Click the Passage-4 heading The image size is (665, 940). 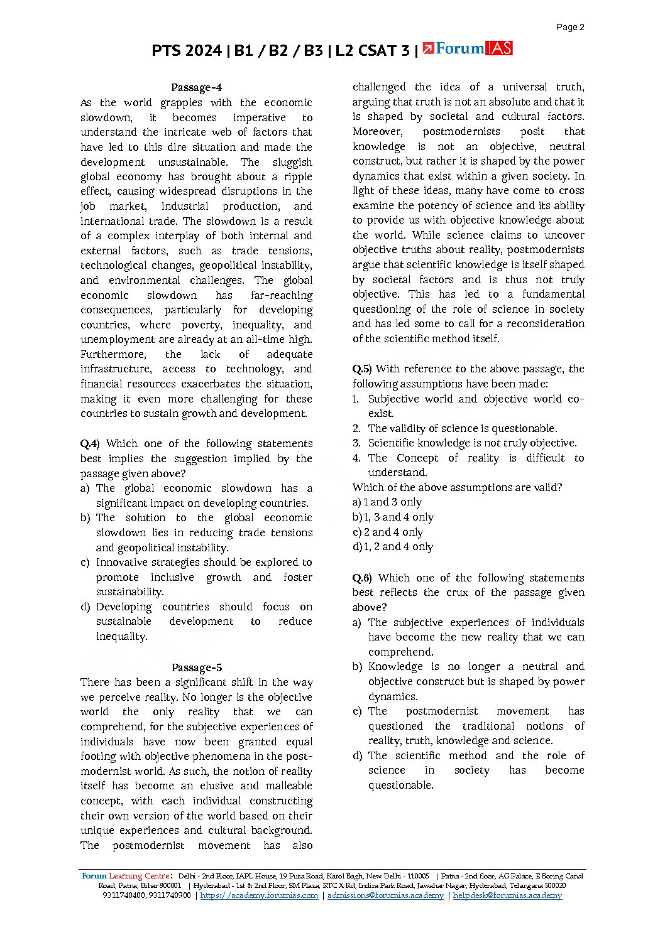(x=196, y=88)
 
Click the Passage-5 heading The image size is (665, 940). (x=196, y=667)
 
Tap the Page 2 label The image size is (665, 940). (x=570, y=27)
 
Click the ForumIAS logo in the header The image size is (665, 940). (x=468, y=49)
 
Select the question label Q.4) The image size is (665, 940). (x=90, y=444)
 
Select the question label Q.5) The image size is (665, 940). (x=362, y=369)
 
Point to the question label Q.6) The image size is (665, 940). (x=362, y=578)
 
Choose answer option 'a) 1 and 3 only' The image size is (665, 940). (x=387, y=502)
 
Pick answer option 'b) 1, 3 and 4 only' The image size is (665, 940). (x=393, y=517)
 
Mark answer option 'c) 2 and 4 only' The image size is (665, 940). (x=388, y=532)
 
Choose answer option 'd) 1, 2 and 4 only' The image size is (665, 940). (x=393, y=547)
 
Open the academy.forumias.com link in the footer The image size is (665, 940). (x=259, y=895)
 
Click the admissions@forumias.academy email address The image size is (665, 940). (x=385, y=895)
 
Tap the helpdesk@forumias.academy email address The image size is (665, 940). (x=507, y=895)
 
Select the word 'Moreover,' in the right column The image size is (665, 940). (x=377, y=132)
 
